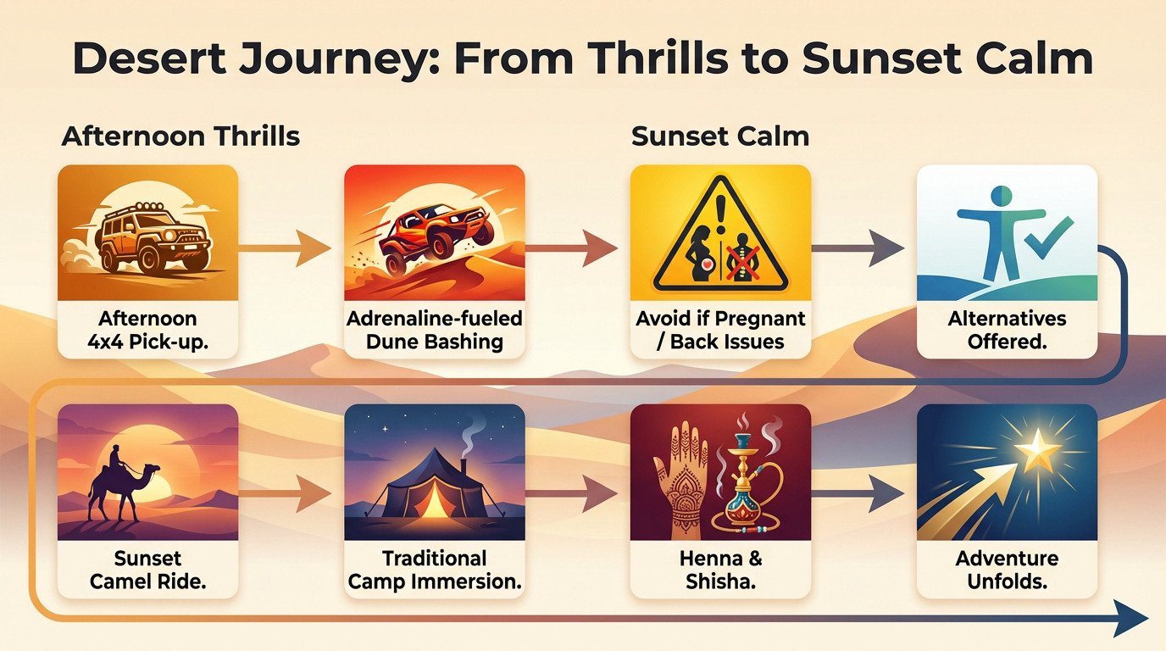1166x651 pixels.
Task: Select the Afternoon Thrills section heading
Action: click(x=180, y=136)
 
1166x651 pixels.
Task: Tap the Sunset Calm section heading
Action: click(x=720, y=136)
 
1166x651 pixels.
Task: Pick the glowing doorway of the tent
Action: click(x=433, y=501)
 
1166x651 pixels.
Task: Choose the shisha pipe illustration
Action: click(x=747, y=478)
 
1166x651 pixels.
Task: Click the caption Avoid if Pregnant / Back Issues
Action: click(x=720, y=330)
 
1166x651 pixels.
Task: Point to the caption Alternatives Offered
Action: click(x=1007, y=330)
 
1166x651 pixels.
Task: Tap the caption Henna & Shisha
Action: click(x=720, y=570)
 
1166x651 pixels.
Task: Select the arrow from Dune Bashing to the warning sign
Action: click(x=571, y=248)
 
